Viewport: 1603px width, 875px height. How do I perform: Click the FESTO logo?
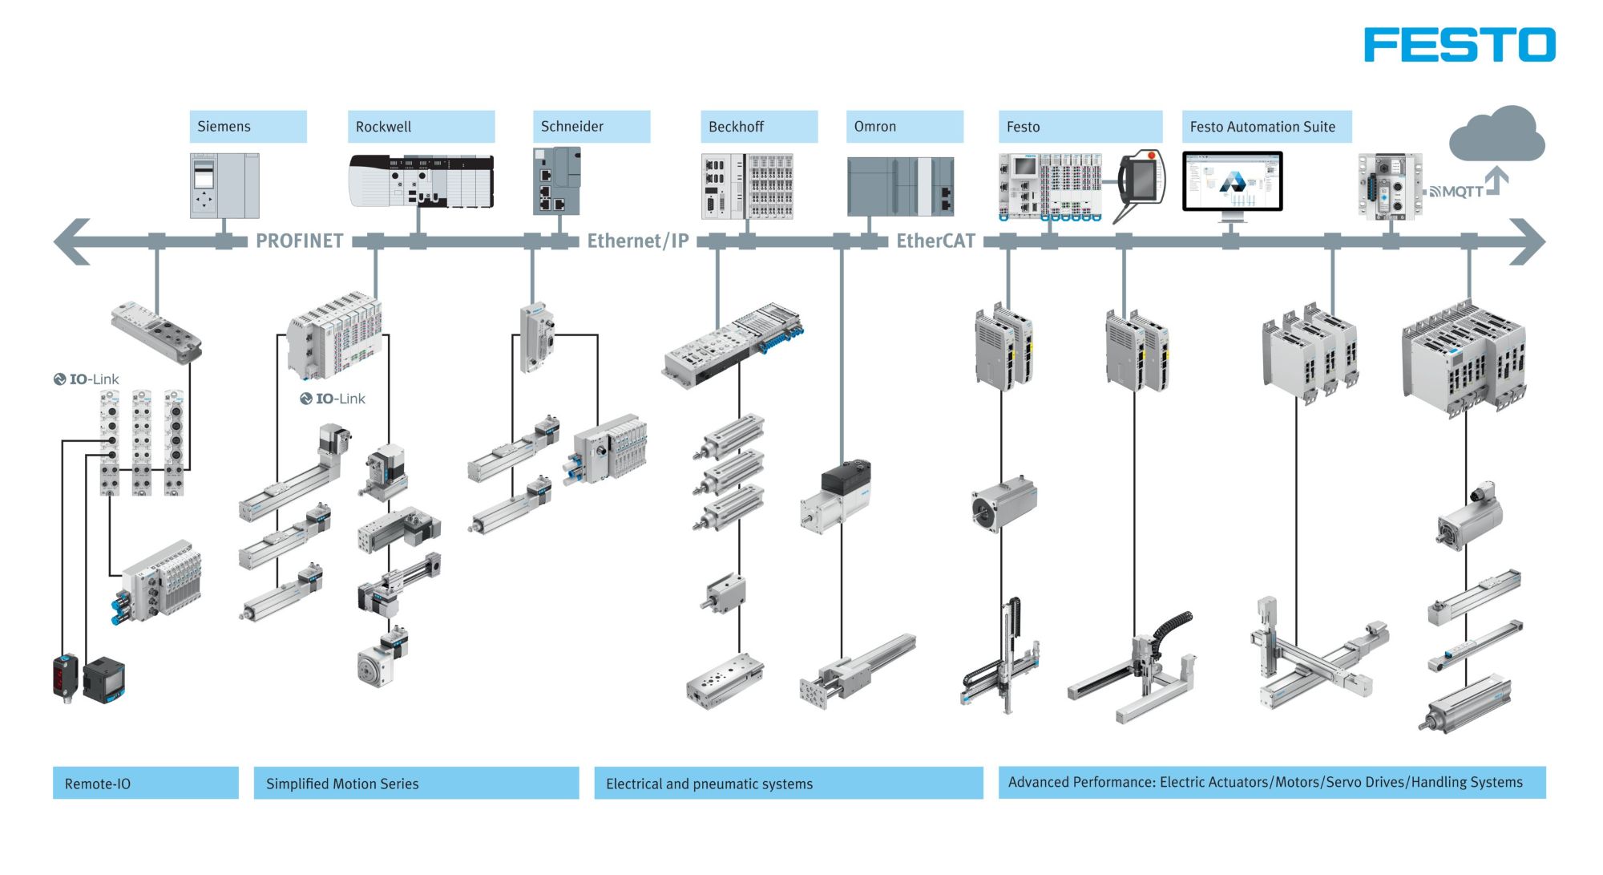1459,45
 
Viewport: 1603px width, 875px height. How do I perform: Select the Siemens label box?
248,127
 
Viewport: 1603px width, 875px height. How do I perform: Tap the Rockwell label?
421,127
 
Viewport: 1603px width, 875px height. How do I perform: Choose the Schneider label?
591,127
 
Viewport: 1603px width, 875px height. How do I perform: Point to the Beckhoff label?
758,127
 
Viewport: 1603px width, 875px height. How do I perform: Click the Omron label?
904,127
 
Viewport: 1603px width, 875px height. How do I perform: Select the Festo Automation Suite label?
1266,127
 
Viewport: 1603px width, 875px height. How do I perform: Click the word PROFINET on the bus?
299,241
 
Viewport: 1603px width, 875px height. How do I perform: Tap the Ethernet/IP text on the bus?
638,241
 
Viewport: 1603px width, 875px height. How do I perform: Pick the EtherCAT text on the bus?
935,241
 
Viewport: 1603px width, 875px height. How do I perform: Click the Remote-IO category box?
145,783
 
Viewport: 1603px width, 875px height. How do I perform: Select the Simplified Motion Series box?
416,783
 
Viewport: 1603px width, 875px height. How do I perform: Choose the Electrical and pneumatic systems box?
788,783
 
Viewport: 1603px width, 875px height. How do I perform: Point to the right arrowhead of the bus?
1527,241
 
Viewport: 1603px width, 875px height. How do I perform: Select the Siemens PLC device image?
224,185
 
